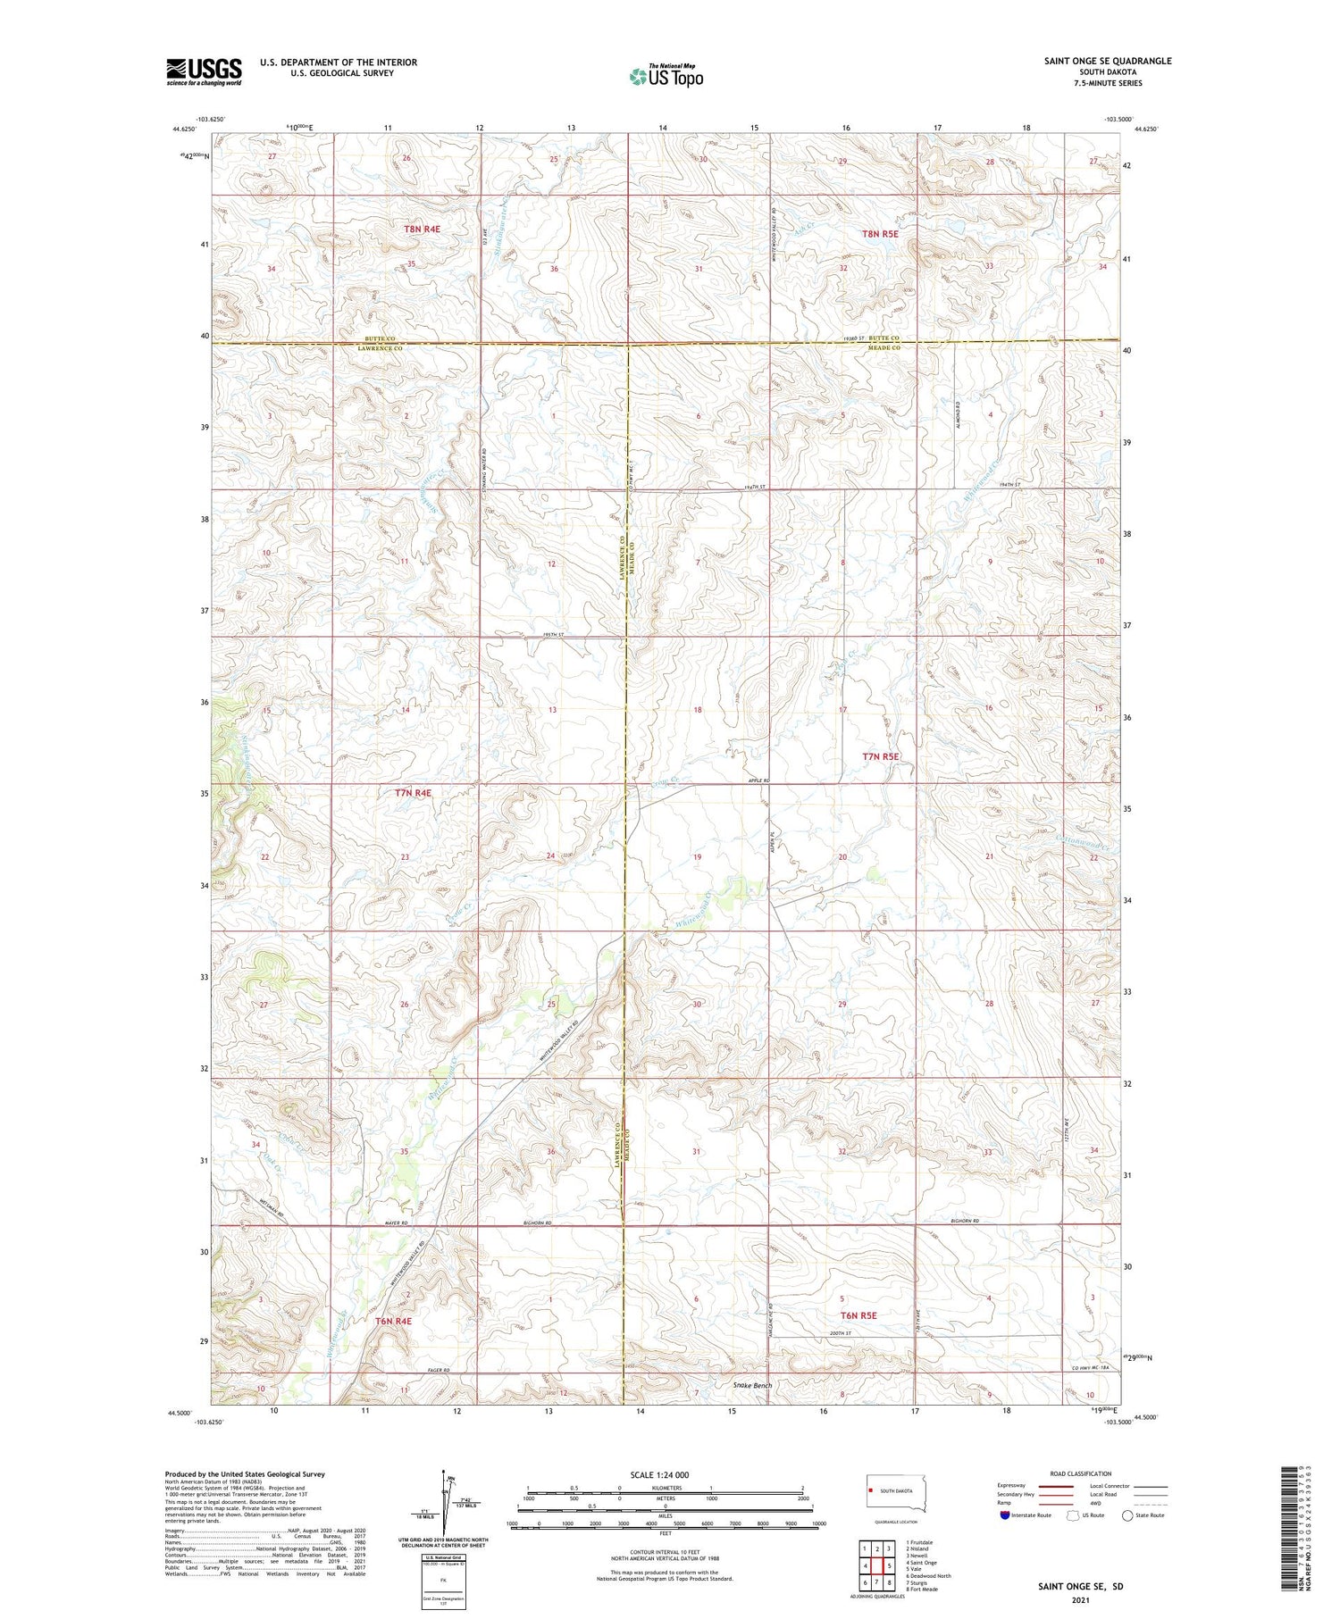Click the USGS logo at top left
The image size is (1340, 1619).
tap(204, 71)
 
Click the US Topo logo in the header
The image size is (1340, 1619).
tap(666, 77)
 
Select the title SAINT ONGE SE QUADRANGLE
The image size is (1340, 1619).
tap(1107, 61)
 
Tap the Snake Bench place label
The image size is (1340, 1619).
tap(752, 1386)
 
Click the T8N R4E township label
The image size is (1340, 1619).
tap(422, 229)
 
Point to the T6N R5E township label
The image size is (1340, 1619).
tap(858, 1315)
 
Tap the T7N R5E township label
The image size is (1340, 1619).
tap(880, 756)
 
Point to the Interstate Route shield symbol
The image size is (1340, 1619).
tap(1005, 1515)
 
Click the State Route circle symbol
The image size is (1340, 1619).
tap(1127, 1515)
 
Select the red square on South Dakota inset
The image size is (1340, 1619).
tap(871, 1490)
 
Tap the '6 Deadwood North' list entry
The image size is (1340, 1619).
tap(928, 1575)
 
